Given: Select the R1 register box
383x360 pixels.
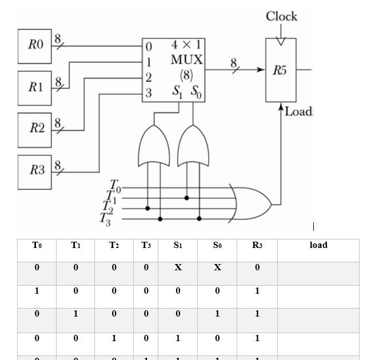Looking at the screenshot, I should (x=34, y=88).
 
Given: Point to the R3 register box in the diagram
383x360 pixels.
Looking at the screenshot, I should (x=34, y=171).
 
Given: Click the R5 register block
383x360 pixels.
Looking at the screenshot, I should (x=281, y=70).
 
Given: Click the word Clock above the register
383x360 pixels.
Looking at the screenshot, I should (x=281, y=16).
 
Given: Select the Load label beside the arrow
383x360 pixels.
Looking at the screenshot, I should (x=298, y=111).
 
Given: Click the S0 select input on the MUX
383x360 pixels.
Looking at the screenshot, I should (x=196, y=92).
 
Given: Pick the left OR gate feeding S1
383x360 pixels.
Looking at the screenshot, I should (x=154, y=146).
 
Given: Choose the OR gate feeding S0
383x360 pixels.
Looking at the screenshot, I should (x=193, y=146).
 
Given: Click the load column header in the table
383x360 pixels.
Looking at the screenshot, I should (x=318, y=245).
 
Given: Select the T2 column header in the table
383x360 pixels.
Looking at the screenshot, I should (x=114, y=245).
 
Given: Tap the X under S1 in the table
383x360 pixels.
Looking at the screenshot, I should (x=178, y=267).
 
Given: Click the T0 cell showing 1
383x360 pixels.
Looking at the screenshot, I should (x=37, y=291).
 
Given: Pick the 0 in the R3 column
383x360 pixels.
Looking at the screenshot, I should (x=257, y=267).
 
